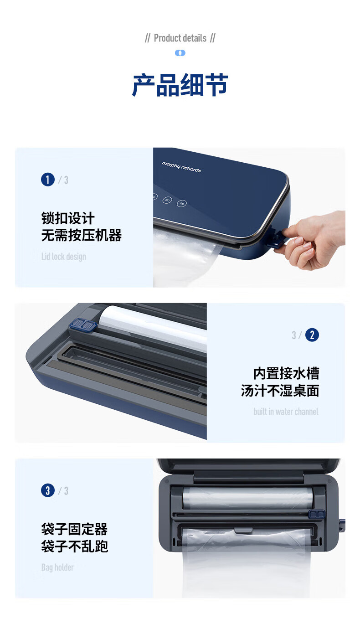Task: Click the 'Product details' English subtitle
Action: [180, 38]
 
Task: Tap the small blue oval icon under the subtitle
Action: [180, 53]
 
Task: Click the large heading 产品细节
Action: [180, 85]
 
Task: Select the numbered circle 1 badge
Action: [48, 180]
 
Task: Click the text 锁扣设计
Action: [68, 218]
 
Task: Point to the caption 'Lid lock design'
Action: [64, 257]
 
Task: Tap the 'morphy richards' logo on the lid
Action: [181, 167]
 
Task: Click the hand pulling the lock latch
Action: [312, 240]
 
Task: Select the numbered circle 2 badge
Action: [312, 335]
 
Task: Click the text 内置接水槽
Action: [286, 373]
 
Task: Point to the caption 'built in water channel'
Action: [286, 412]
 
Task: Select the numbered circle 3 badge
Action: [48, 491]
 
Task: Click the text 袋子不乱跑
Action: [74, 546]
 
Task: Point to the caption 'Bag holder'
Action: [57, 567]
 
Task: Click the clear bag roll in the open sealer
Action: [247, 498]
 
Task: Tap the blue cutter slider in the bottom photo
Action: [317, 514]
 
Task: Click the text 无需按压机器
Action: [81, 236]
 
